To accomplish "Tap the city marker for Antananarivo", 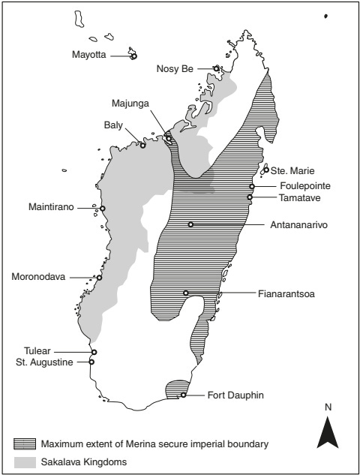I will click(190, 224).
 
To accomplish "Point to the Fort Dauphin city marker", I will click(183, 395).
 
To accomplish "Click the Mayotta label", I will click(90, 55).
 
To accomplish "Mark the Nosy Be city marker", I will click(216, 68).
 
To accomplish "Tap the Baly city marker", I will click(142, 145).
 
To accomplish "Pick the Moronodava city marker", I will click(99, 278).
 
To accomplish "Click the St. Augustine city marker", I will click(91, 362).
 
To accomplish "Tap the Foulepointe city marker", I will click(252, 186).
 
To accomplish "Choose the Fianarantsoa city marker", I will click(185, 293).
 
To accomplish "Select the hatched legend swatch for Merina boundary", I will click(25, 443).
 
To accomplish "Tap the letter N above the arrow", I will click(328, 407).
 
